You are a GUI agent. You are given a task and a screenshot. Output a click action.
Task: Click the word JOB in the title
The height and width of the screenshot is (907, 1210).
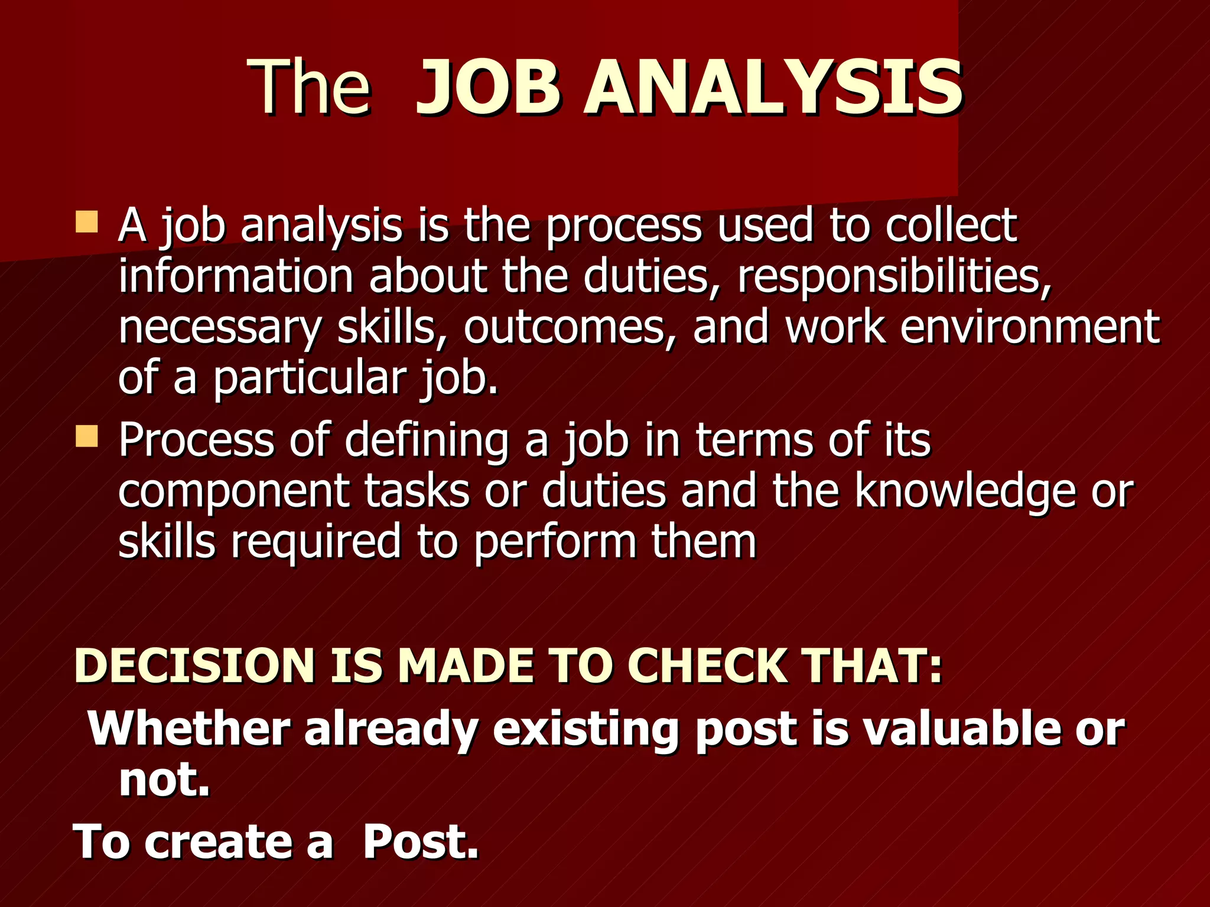(x=488, y=89)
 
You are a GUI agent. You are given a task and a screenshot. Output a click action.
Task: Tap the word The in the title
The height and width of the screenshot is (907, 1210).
(x=311, y=89)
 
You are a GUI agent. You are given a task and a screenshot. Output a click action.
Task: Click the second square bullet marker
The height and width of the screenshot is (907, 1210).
(x=87, y=437)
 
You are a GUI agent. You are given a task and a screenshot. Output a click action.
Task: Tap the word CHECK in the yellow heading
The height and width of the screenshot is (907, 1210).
(x=708, y=666)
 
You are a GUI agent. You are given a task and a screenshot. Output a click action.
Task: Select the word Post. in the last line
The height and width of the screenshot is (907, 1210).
(x=420, y=842)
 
